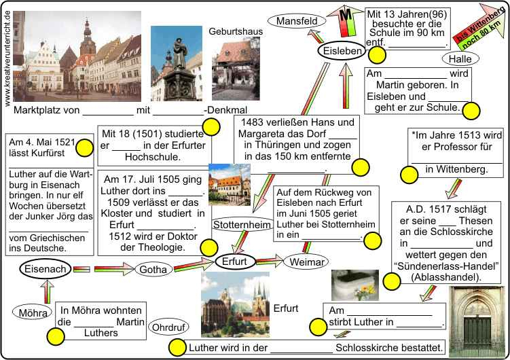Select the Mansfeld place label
297,21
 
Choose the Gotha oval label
156,270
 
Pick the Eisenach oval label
45,270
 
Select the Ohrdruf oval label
168,327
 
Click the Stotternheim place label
238,224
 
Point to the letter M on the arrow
345,14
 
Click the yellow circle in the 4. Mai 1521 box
84,148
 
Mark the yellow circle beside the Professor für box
409,175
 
